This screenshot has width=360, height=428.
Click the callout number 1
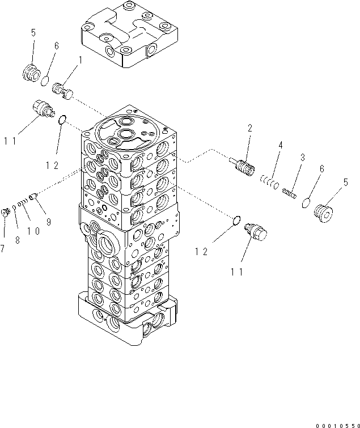[80, 60]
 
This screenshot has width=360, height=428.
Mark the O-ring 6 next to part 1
[45, 82]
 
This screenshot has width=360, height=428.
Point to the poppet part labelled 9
[33, 197]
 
